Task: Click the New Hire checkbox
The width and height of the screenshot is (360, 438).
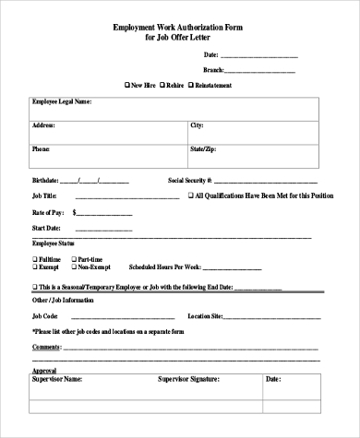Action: [x=126, y=85]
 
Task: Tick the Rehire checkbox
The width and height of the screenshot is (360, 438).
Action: [x=162, y=85]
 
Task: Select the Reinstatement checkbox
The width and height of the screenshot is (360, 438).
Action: [x=191, y=85]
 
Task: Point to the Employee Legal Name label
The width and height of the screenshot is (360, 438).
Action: [x=62, y=101]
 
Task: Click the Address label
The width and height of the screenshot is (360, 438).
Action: [x=43, y=124]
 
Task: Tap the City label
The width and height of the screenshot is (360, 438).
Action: [x=197, y=124]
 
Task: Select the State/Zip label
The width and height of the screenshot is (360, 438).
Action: [x=202, y=148]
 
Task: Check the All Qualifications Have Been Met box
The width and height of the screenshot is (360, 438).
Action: [x=190, y=195]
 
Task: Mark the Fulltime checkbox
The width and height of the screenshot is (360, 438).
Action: [x=35, y=258]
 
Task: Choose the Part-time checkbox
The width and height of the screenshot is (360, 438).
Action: [x=74, y=258]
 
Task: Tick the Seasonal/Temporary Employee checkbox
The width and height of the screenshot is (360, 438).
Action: [x=35, y=288]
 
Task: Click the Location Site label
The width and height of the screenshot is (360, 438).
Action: [x=205, y=315]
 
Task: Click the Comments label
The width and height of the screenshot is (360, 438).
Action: [x=46, y=347]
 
